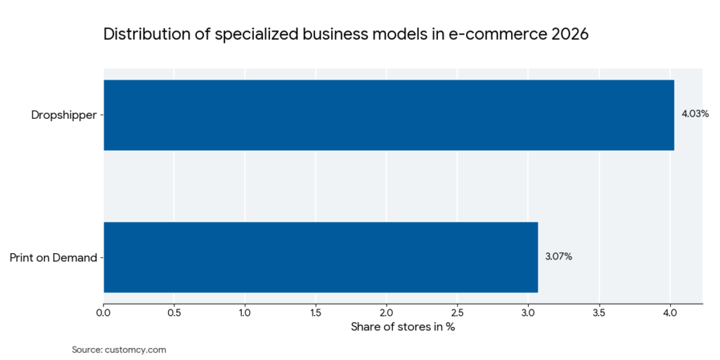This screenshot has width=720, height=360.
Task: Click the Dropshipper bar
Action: pos(389,115)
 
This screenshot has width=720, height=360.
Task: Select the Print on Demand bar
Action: pos(321,257)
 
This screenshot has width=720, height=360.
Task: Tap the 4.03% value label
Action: pos(695,114)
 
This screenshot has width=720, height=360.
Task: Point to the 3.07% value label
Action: pos(558,257)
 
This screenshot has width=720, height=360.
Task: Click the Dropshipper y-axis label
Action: pos(64,115)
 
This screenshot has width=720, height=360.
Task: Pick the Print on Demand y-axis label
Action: pos(53,257)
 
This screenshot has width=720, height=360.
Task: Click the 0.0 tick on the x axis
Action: pos(104,312)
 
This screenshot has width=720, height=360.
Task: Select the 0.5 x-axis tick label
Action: pos(174,312)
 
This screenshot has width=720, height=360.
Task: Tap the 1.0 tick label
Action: pos(245,312)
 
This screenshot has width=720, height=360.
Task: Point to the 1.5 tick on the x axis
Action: pos(316,312)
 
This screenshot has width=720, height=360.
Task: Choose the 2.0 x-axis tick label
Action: pos(387,312)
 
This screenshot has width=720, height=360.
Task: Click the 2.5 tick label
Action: pos(458,312)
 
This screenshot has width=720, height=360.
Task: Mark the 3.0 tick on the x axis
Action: pos(528,312)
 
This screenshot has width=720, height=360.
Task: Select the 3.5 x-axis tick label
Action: pos(599,312)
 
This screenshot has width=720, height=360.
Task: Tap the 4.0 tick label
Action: pos(670,312)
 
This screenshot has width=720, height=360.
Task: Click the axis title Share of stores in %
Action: pos(403,327)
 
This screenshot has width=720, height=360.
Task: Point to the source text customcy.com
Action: pos(135,349)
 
